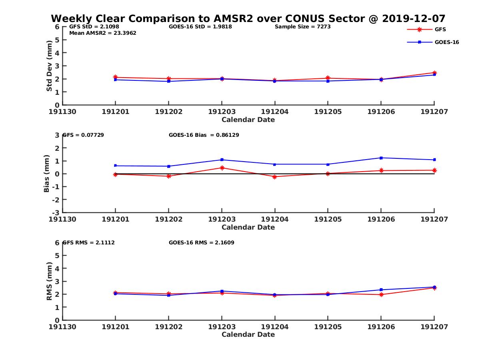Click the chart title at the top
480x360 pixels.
[x=248, y=18]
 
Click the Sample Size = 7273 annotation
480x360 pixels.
[x=302, y=27]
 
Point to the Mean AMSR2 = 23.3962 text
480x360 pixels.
[x=103, y=33]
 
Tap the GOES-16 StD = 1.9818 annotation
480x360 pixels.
[x=200, y=27]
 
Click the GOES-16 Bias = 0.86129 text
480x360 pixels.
[x=204, y=135]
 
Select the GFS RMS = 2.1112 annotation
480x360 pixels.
[x=89, y=242]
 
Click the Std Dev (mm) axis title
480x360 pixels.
[x=49, y=66]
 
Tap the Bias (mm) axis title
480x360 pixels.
[x=47, y=174]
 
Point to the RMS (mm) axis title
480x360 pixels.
[x=49, y=281]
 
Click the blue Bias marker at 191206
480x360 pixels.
[x=381, y=158]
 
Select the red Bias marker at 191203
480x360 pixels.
[x=222, y=168]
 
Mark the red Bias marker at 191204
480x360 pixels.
[x=275, y=177]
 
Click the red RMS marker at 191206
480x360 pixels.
[x=381, y=294]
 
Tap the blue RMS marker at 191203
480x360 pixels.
[x=222, y=291]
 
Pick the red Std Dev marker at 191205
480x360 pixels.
[x=328, y=78]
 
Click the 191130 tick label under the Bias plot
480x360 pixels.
[x=63, y=219]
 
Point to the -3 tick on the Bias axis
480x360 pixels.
[x=57, y=212]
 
